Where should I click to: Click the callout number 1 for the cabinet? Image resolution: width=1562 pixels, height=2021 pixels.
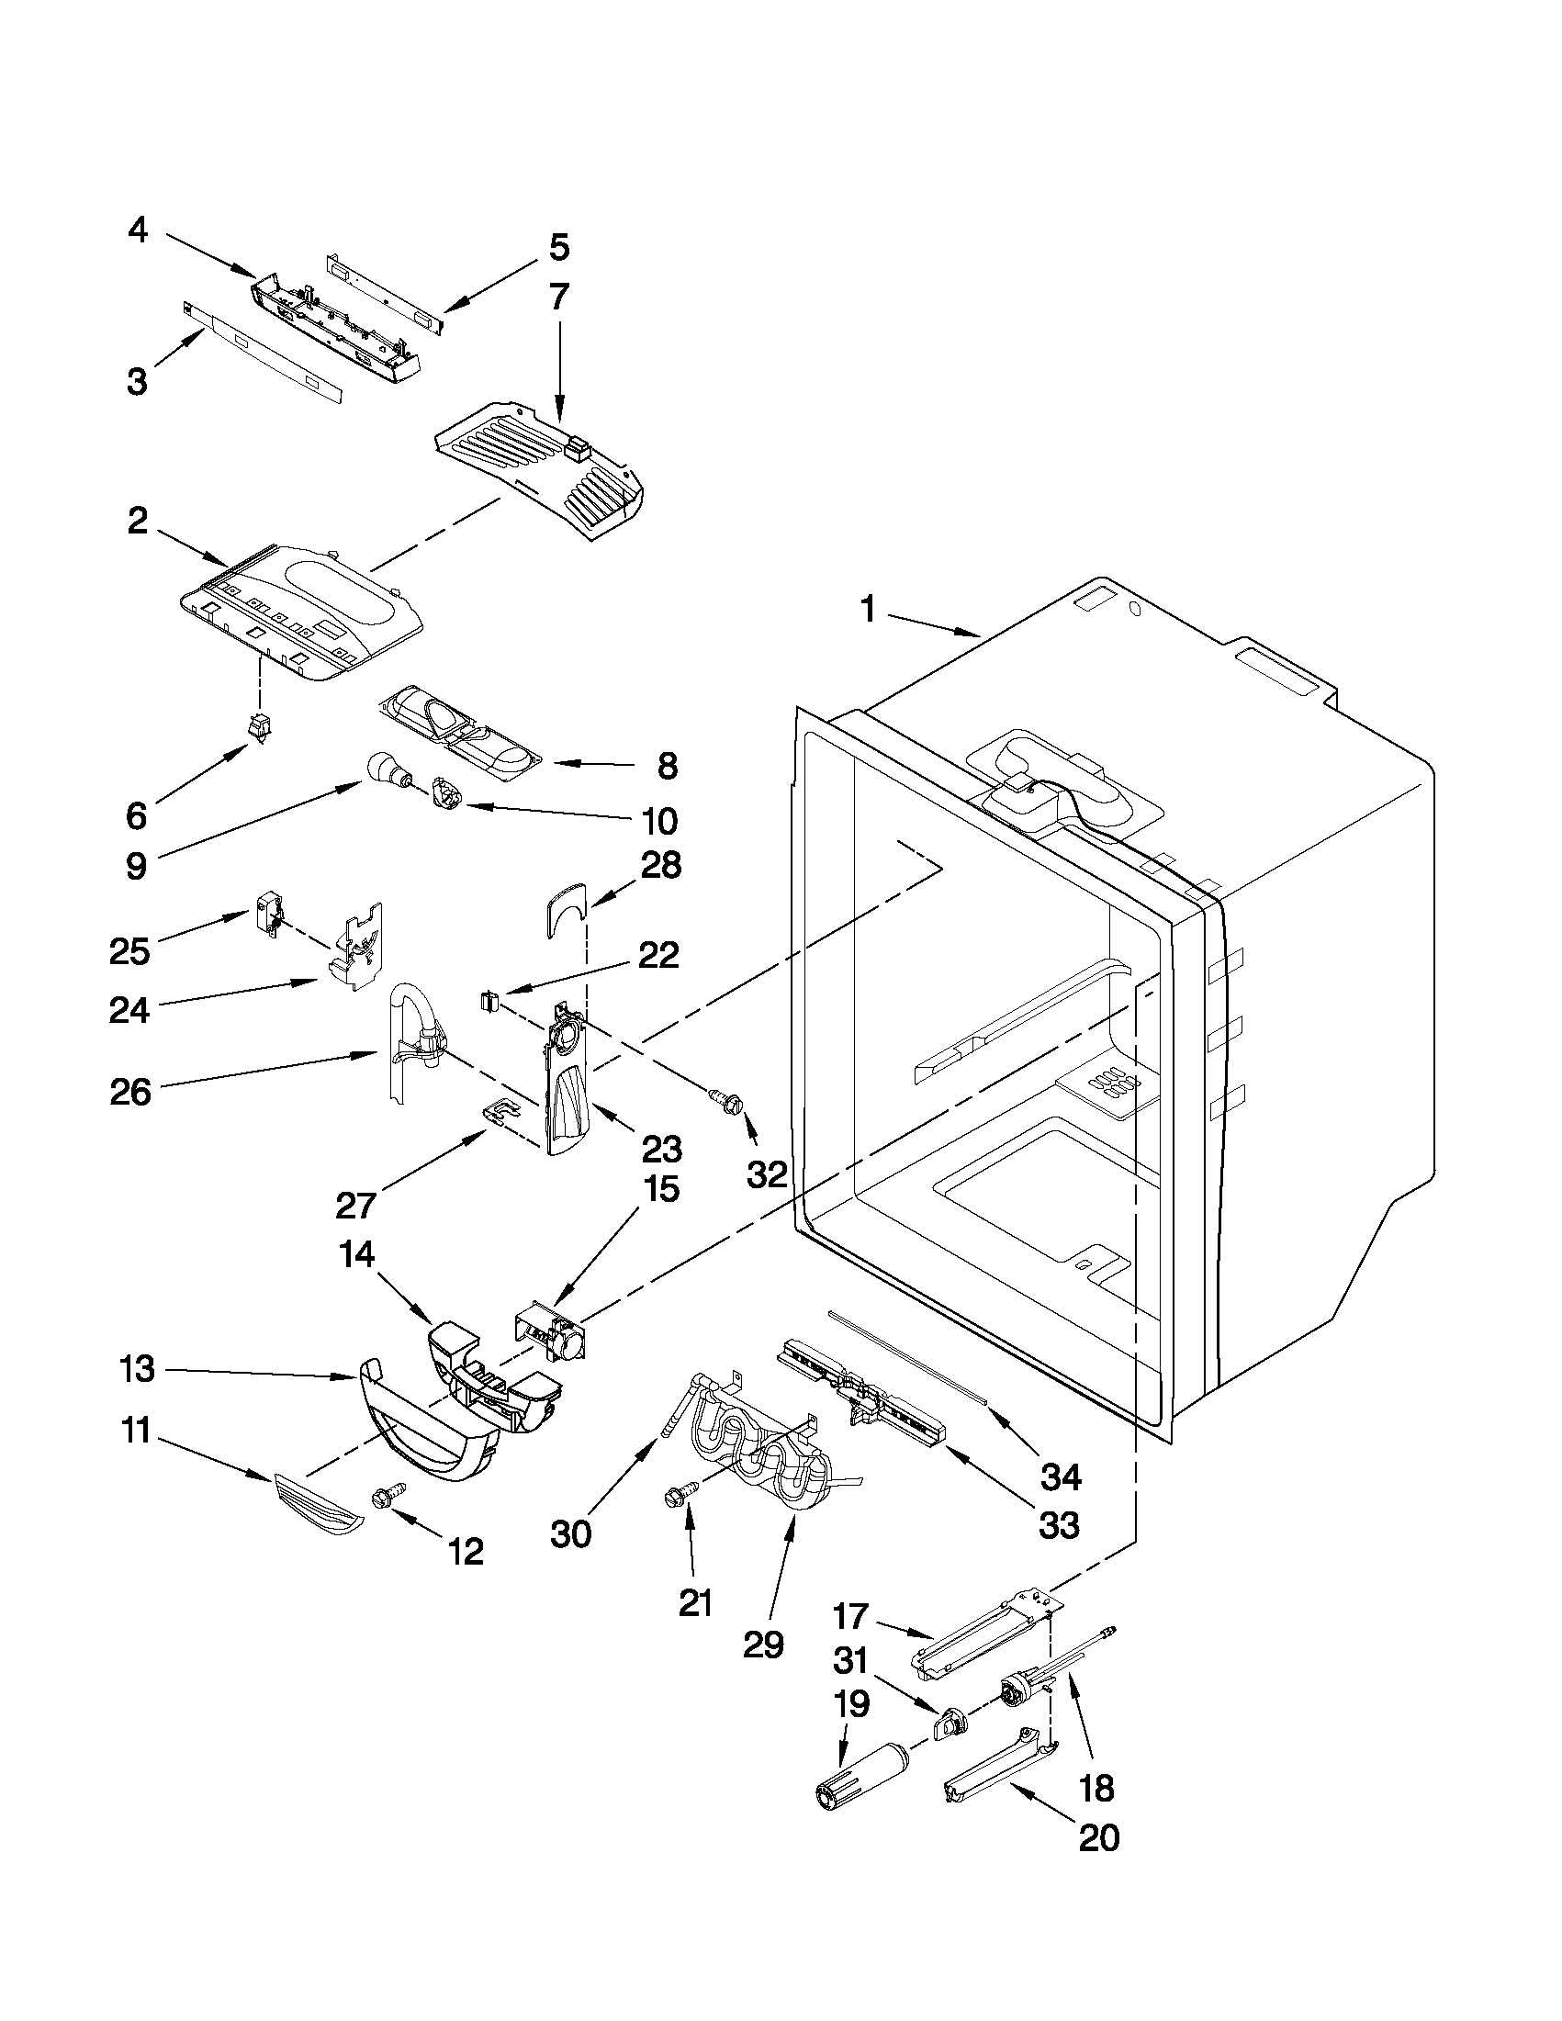pyautogui.click(x=867, y=611)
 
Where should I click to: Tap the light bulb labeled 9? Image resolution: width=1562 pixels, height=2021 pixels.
pyautogui.click(x=385, y=769)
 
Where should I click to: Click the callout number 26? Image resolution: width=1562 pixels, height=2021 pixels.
pyautogui.click(x=130, y=1093)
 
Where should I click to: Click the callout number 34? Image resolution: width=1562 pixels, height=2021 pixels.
pyautogui.click(x=1061, y=1477)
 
